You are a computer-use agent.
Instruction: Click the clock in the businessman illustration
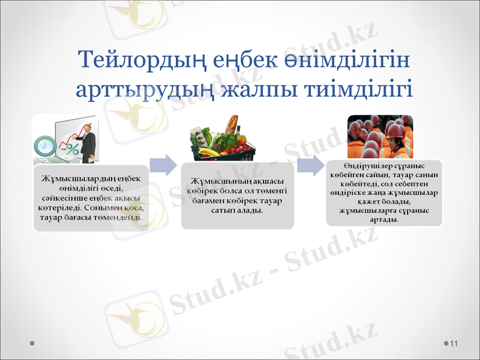(x=44, y=145)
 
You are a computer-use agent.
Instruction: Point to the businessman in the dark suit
(x=88, y=141)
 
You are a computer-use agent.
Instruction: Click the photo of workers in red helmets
(x=380, y=136)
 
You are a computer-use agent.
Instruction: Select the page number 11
(x=453, y=343)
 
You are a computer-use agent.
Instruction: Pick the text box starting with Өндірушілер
(x=384, y=193)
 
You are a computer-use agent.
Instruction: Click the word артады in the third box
(x=385, y=220)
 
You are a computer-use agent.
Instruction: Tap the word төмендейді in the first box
(x=118, y=217)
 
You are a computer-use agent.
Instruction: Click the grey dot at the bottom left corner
(x=32, y=343)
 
